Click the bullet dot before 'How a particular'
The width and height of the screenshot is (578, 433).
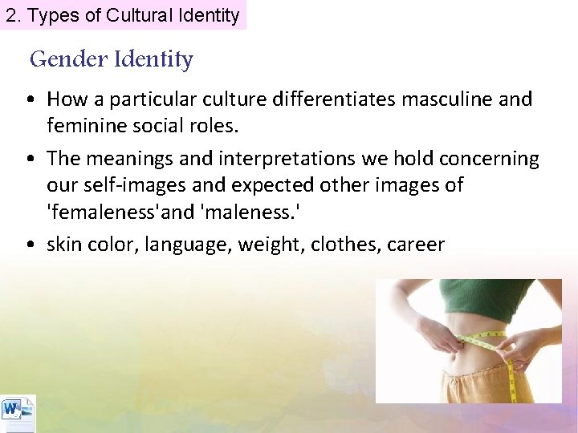[29, 100]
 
